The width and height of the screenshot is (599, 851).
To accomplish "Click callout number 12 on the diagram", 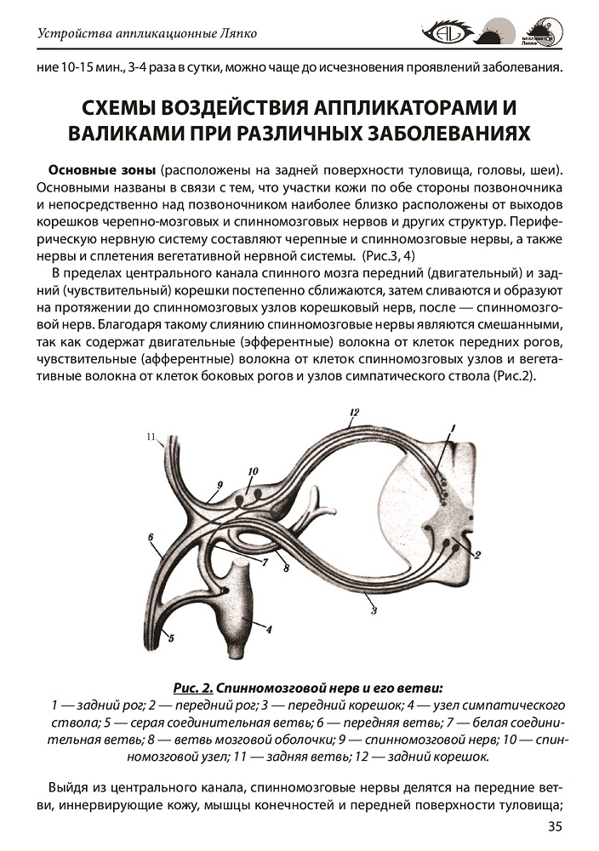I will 355,414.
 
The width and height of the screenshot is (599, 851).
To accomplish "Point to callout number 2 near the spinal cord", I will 477,557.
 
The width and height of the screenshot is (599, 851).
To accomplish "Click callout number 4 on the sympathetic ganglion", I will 268,631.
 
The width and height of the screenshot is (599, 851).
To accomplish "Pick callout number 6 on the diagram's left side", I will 150,538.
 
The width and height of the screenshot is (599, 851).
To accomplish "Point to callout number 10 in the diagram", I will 253,471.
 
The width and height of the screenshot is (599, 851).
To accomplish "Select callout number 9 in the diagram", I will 219,486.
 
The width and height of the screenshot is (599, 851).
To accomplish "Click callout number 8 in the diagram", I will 287,568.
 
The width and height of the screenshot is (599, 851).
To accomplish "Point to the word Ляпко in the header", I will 234,35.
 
